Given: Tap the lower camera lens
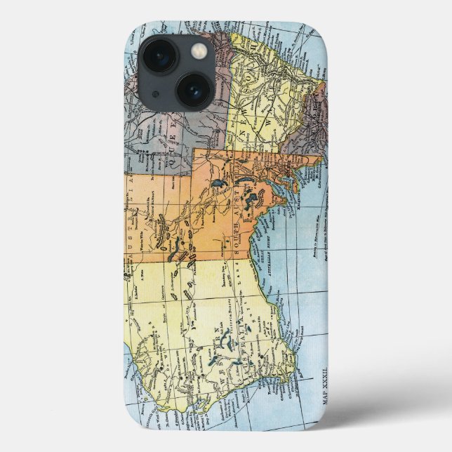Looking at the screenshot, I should [x=192, y=90].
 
